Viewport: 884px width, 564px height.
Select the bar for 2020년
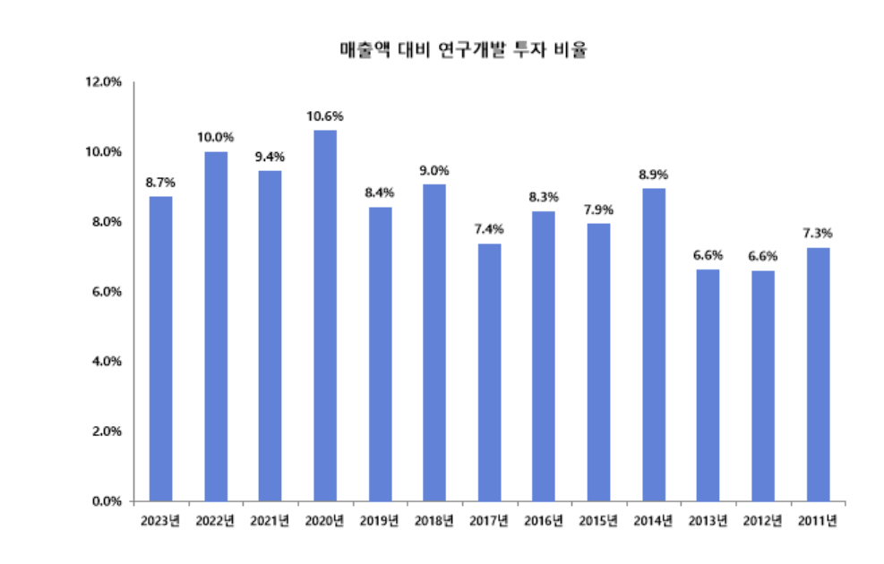(325, 315)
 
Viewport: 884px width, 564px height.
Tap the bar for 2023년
(161, 349)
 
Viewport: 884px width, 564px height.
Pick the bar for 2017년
(489, 372)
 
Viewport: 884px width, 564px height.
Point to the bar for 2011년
(818, 374)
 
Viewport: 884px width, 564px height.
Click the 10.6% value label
(325, 115)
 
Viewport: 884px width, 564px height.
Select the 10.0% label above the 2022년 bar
(216, 137)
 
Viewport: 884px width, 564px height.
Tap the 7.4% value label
(489, 229)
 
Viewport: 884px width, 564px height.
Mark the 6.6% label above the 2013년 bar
(708, 255)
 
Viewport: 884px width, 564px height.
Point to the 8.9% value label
(653, 174)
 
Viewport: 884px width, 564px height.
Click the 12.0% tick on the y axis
(103, 82)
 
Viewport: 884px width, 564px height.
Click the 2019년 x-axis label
(380, 520)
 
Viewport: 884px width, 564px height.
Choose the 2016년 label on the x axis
(544, 520)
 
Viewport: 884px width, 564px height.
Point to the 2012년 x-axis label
(763, 520)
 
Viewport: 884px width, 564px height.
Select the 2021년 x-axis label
(270, 520)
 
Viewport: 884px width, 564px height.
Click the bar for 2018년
(434, 343)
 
